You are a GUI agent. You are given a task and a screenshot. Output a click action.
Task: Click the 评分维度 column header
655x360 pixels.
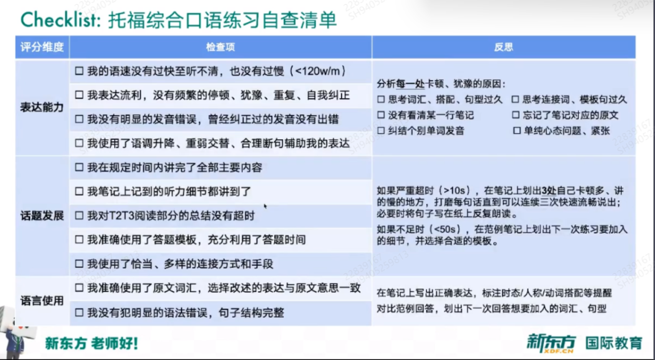pyautogui.click(x=42, y=47)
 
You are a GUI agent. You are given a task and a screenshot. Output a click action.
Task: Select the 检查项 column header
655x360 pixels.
pyautogui.click(x=221, y=47)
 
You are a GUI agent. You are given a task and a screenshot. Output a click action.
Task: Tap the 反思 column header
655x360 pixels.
pyautogui.click(x=504, y=47)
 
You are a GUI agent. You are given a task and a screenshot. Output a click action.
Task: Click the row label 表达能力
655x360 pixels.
pyautogui.click(x=42, y=107)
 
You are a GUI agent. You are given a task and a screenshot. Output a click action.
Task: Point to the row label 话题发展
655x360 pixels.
pyautogui.click(x=42, y=216)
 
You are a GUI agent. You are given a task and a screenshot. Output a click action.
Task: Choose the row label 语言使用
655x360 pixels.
pyautogui.click(x=42, y=300)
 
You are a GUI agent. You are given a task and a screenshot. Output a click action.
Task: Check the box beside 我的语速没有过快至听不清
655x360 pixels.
pyautogui.click(x=79, y=71)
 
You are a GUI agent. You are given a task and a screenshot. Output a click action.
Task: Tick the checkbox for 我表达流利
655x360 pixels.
pyautogui.click(x=79, y=95)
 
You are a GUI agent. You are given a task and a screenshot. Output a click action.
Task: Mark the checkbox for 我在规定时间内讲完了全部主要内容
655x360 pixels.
pyautogui.click(x=79, y=167)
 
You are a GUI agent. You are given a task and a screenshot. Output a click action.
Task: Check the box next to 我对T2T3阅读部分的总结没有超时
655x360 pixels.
pyautogui.click(x=79, y=216)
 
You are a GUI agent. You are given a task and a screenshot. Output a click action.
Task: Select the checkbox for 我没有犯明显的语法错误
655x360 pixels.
pyautogui.click(x=79, y=313)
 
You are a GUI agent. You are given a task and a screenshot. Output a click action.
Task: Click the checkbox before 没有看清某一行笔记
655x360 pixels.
pyautogui.click(x=381, y=115)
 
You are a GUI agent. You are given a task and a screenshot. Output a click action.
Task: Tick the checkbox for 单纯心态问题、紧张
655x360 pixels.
pyautogui.click(x=517, y=131)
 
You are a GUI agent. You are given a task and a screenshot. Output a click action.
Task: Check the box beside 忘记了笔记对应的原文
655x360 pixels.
pyautogui.click(x=516, y=115)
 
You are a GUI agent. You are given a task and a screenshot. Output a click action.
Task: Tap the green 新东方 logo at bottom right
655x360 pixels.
pyautogui.click(x=552, y=343)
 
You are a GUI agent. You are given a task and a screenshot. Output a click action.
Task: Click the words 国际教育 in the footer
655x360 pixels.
pyautogui.click(x=614, y=343)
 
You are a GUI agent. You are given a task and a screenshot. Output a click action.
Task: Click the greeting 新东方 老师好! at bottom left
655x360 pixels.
pyautogui.click(x=91, y=343)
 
